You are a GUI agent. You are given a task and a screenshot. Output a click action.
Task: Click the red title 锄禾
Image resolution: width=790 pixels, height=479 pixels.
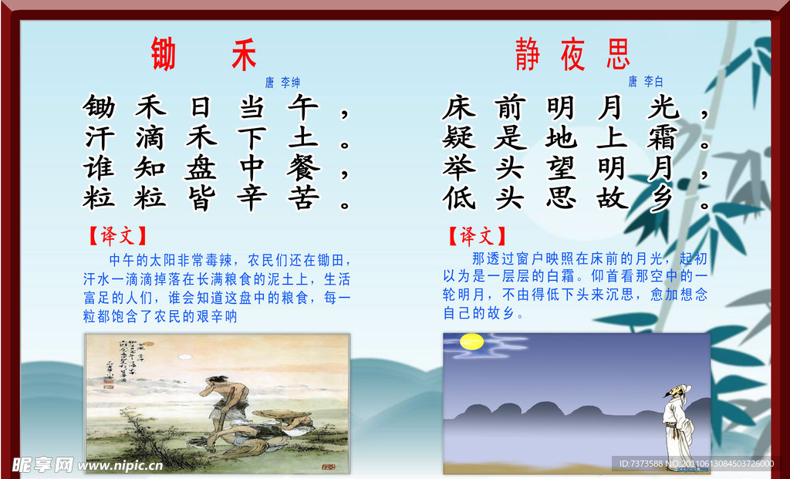tap(204, 55)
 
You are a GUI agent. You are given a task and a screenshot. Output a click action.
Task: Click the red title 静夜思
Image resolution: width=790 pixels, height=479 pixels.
tap(572, 55)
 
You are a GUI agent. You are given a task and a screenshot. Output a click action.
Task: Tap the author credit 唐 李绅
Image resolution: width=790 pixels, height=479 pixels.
tap(283, 82)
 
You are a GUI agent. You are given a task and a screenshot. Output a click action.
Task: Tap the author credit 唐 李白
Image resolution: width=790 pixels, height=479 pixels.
tap(645, 81)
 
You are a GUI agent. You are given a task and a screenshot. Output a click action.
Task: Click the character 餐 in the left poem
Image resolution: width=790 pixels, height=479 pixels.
tap(302, 167)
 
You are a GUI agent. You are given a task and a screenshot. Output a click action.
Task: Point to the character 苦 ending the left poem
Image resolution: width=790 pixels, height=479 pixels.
tap(302, 198)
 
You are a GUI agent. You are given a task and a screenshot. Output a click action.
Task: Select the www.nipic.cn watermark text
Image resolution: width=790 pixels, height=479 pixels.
tap(121, 465)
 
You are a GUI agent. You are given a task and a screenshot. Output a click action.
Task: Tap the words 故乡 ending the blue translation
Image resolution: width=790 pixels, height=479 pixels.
tap(501, 313)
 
